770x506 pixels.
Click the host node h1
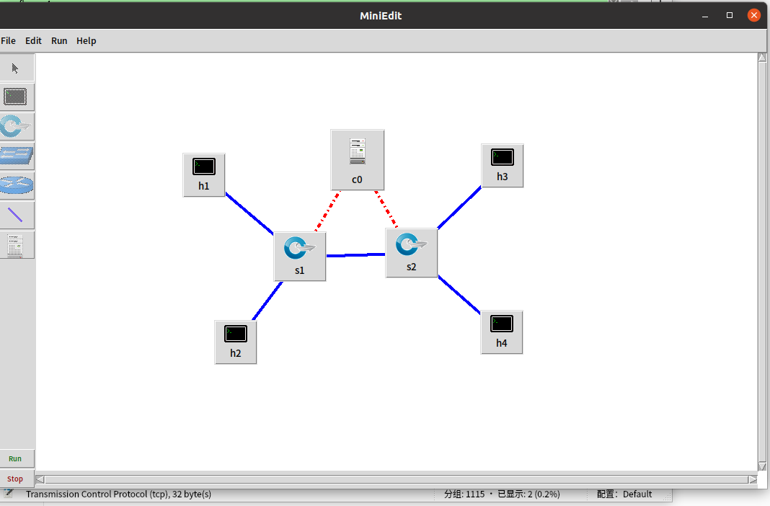[x=204, y=174]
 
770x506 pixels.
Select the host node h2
[x=236, y=341]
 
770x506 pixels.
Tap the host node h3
[x=502, y=164]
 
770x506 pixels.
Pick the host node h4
[x=502, y=332]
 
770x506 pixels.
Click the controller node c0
[x=357, y=159]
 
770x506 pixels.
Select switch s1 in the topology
[x=299, y=255]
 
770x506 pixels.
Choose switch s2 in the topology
[x=411, y=252]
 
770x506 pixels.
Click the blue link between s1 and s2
[x=355, y=255]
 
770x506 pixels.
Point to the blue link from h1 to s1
[x=249, y=213]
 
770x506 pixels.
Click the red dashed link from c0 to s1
[x=327, y=212]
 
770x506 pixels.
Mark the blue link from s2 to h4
[x=459, y=295]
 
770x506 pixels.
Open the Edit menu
[x=33, y=41]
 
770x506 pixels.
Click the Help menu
[x=86, y=41]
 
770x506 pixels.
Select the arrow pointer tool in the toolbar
[x=16, y=68]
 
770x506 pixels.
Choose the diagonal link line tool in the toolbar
[x=16, y=215]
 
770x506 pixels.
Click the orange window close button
[x=753, y=15]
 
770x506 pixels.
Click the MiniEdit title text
[x=381, y=15]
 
